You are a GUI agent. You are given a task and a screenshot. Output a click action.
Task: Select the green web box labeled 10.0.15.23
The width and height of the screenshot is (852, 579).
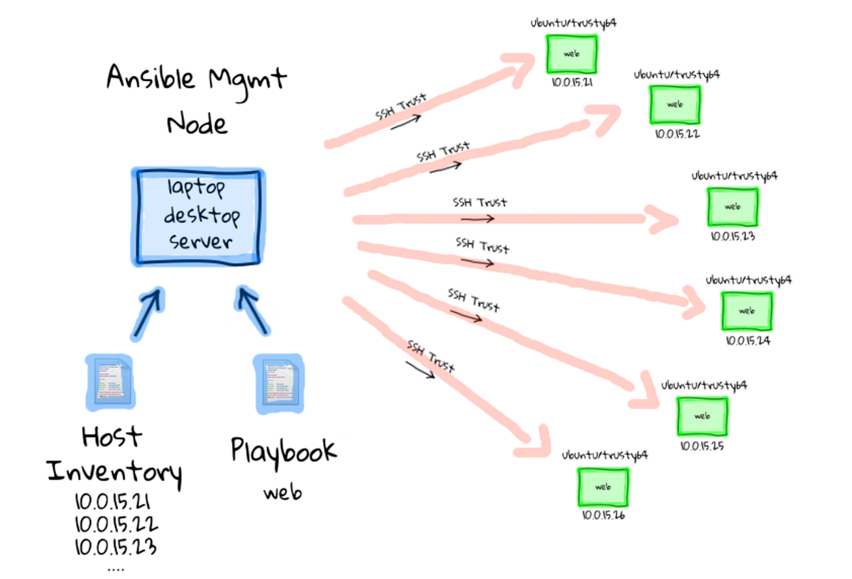(732, 206)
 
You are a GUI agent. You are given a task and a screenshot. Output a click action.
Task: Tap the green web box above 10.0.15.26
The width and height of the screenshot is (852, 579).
(603, 487)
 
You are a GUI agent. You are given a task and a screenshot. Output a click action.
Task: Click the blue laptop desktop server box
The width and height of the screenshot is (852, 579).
(197, 217)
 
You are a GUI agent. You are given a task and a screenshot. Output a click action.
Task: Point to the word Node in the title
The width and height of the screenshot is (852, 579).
(197, 124)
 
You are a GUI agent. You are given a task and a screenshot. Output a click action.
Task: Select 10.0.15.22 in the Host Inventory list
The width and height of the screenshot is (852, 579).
(116, 525)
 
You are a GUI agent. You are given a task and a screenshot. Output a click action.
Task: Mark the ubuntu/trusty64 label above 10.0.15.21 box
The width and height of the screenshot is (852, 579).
(573, 23)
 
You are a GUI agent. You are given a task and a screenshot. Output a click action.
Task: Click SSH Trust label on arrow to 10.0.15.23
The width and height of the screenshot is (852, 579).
(480, 202)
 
